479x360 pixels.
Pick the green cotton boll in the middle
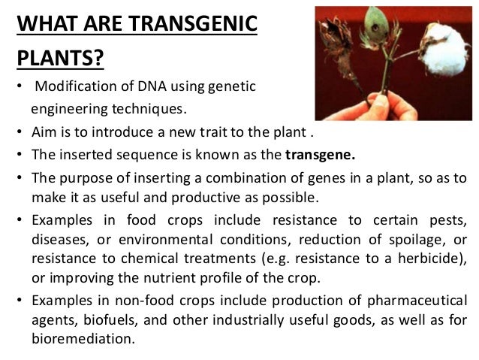coord(390,30)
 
